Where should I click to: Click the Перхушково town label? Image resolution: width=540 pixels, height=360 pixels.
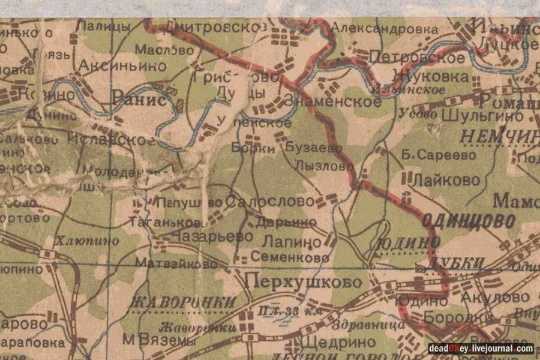[x=304, y=281]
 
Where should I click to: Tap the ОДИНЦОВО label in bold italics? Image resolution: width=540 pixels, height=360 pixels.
[x=468, y=220]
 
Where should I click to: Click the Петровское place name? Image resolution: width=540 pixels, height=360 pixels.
[x=417, y=58]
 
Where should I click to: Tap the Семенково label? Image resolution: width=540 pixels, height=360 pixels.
[x=290, y=257]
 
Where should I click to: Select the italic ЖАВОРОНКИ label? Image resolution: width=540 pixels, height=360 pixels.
[x=182, y=302]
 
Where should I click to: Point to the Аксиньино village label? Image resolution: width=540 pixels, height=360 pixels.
[x=122, y=66]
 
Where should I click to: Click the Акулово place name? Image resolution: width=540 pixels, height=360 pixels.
[x=495, y=298]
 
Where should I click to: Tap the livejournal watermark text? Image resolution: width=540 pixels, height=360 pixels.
[x=481, y=349]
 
